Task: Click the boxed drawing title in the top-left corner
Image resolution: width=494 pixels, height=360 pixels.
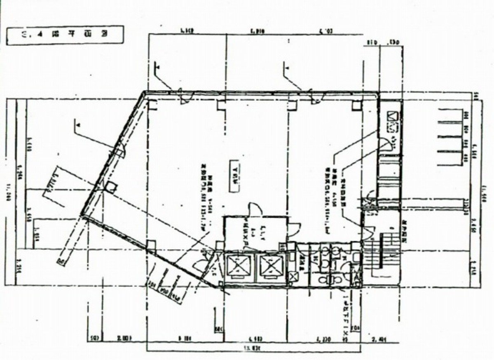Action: (x=65, y=35)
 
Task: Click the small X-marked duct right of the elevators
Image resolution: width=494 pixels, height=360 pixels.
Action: (x=294, y=277)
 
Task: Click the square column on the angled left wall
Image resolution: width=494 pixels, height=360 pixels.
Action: (x=112, y=188)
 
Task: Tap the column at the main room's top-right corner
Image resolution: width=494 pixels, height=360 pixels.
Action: (x=357, y=106)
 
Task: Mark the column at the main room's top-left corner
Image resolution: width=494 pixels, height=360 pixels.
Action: (x=152, y=106)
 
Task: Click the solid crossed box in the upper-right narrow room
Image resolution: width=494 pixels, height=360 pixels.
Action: (x=392, y=116)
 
